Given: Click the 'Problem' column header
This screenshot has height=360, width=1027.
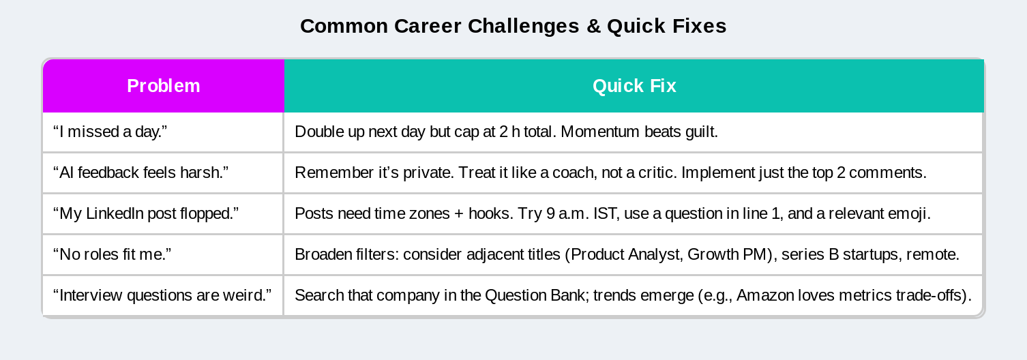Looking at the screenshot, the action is pos(163,86).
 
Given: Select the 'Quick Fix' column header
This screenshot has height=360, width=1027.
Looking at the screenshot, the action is pos(634,86).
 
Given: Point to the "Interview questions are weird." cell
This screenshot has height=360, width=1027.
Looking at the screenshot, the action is pos(163,295).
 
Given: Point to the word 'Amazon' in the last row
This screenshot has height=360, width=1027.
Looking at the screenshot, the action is pos(765,295).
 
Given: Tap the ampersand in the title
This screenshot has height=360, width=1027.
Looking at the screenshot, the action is pos(593,26).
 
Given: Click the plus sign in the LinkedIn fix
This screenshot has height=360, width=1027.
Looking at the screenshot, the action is pos(458,214).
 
